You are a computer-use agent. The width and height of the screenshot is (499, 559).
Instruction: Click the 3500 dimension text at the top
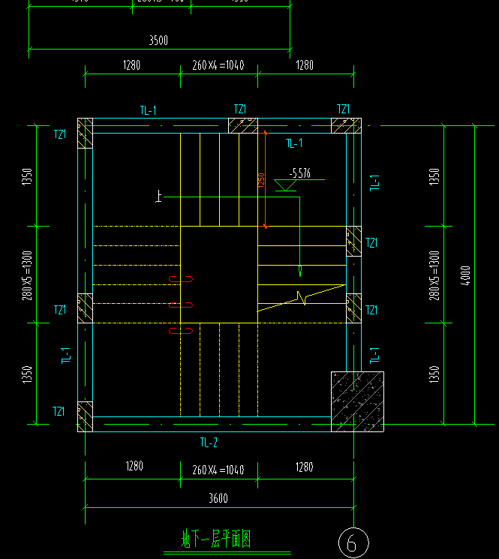[x=158, y=41]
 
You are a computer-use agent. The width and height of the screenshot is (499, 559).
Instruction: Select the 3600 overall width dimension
[x=218, y=497]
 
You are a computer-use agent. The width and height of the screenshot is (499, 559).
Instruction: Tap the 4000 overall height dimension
[x=466, y=275]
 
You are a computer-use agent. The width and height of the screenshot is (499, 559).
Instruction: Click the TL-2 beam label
[x=209, y=443]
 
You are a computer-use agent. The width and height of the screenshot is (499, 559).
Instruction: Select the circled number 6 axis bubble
[x=353, y=542]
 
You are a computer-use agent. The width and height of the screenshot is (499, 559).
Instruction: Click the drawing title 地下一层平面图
[x=215, y=538]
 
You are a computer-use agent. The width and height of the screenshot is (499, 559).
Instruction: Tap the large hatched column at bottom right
[x=357, y=402]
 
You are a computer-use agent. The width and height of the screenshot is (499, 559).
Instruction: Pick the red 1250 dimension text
[x=262, y=181]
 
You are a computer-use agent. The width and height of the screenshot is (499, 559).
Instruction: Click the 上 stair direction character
[x=158, y=197]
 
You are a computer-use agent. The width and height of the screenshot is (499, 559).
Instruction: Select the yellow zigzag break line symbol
[x=303, y=298]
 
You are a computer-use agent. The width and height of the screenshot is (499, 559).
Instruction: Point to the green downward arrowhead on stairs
[x=299, y=269]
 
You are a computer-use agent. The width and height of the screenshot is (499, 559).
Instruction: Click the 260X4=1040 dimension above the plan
[x=218, y=66]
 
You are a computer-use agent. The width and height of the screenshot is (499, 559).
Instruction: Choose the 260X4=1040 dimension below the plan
[x=218, y=470]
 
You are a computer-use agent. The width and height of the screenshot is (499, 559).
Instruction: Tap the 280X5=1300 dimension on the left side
[x=27, y=275]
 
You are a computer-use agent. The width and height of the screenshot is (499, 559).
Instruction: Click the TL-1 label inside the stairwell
[x=294, y=143]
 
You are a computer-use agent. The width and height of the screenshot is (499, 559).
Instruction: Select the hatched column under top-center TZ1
[x=242, y=126]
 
